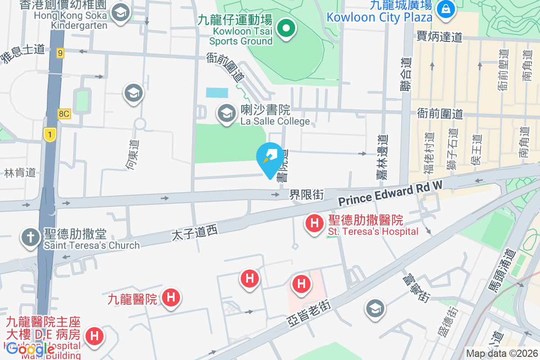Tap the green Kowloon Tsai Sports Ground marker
click(x=285, y=29)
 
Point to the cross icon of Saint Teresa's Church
click(x=31, y=238)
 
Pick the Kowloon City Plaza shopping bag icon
click(x=445, y=8)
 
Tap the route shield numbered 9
click(x=60, y=53)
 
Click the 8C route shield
click(x=63, y=113)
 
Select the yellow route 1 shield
click(x=49, y=134)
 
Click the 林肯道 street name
click(x=19, y=172)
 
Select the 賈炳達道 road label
click(x=440, y=36)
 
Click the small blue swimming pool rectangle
click(x=216, y=92)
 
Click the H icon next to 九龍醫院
click(x=171, y=297)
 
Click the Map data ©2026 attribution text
click(x=502, y=354)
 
